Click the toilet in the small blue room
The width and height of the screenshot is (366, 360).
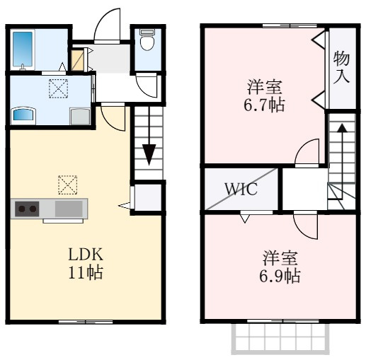(147, 40)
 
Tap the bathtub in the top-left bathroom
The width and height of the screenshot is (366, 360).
(23, 50)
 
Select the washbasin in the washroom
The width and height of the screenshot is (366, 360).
(23, 115)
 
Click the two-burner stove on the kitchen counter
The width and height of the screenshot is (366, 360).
(27, 209)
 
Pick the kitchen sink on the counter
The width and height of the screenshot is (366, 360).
(69, 209)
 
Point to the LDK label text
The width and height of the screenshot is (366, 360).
(86, 255)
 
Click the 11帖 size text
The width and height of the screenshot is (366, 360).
(86, 272)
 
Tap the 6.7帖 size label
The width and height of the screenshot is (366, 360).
(264, 105)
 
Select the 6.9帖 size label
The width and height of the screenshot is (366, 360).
(280, 276)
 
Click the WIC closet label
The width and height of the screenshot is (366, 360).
(241, 189)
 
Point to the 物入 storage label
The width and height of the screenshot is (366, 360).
(341, 67)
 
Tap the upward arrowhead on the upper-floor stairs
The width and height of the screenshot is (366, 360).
(342, 128)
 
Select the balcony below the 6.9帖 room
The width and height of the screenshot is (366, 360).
(280, 339)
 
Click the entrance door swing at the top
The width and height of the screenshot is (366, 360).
(108, 25)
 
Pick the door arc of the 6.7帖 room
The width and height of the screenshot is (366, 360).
(307, 151)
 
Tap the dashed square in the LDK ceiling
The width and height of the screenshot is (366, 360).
(68, 185)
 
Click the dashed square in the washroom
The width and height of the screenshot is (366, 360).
(58, 88)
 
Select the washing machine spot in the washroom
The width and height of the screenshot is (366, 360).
(80, 116)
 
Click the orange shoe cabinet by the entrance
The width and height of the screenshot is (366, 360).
(78, 60)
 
